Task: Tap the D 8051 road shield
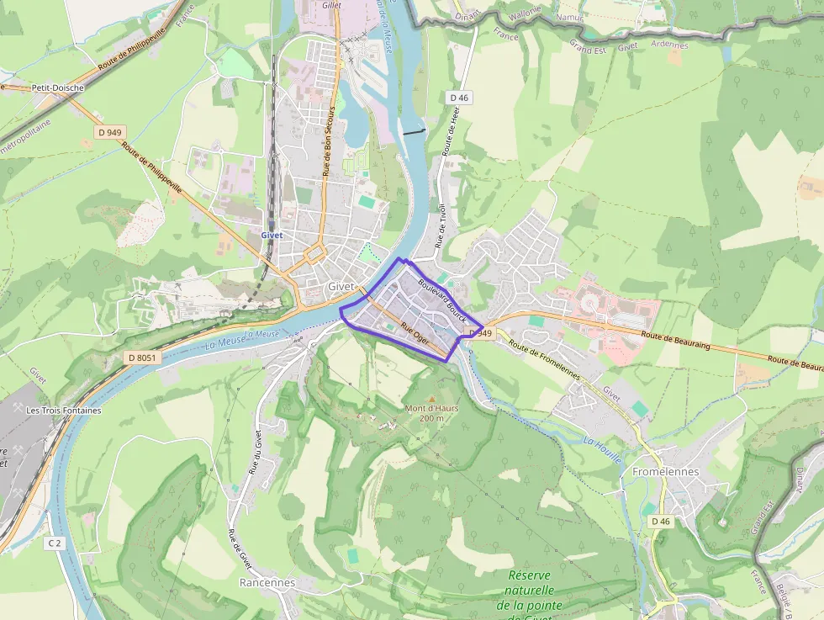pos(142,358)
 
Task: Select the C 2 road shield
pos(55,543)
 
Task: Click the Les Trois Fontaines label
pos(64,411)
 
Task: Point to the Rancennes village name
pos(267,582)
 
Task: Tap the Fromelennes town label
pos(665,472)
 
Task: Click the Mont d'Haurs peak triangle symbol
pos(432,399)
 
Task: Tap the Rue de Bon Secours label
pos(330,141)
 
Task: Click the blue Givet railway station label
pos(272,236)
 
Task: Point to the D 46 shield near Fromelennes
pos(661,522)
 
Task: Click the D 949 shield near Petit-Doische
pos(109,132)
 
